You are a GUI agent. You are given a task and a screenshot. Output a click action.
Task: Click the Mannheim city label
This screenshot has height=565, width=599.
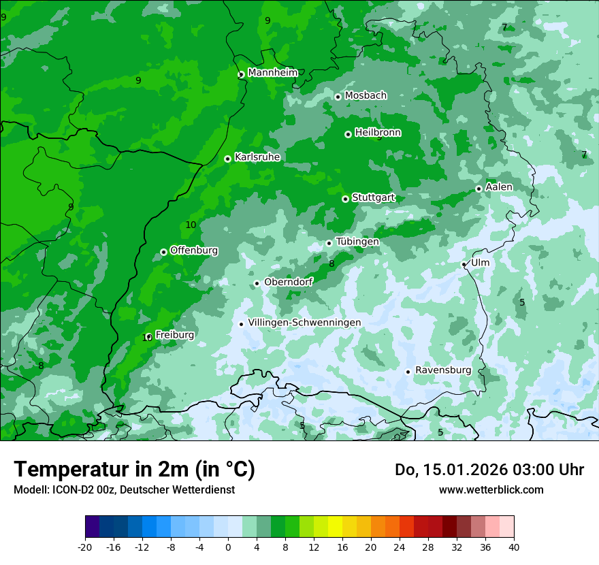coord(272,72)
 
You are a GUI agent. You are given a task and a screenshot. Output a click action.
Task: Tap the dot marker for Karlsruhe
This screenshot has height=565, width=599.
coord(227,159)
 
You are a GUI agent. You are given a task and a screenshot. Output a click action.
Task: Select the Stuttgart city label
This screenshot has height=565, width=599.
coord(373,197)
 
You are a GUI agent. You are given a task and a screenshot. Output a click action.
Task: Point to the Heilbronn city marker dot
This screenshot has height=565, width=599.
coord(348,134)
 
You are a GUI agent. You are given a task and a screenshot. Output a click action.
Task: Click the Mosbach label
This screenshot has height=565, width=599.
coord(366,95)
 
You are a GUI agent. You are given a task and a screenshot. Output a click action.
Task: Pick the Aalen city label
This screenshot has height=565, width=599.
coord(499,187)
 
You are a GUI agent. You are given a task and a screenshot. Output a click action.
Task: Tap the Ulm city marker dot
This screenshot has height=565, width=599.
coord(464,264)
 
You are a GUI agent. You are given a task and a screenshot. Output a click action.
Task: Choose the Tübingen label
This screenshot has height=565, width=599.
coord(357,242)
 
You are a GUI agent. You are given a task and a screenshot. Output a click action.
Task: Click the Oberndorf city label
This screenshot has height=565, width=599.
coord(288,282)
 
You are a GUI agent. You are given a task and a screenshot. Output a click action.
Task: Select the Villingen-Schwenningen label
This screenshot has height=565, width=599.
coord(304,322)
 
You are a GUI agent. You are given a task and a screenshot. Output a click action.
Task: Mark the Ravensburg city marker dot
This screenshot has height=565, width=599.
coord(408,372)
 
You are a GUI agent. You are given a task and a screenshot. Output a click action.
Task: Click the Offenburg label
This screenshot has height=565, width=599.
coord(194,250)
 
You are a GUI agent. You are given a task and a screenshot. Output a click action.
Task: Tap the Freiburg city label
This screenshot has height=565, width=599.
coord(174,334)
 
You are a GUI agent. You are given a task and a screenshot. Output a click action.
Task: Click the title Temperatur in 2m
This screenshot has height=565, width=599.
coord(134,469)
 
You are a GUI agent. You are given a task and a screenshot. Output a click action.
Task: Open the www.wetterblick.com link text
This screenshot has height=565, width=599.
coord(491,489)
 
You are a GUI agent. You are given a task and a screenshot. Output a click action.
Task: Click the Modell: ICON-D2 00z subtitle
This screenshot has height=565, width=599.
coord(124,489)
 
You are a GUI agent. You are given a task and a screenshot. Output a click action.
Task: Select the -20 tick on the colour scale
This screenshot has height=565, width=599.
coord(85,547)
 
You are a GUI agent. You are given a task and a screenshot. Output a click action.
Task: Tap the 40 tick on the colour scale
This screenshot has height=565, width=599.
coord(514,547)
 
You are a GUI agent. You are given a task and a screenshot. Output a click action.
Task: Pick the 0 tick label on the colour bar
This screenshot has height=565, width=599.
coord(228,547)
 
